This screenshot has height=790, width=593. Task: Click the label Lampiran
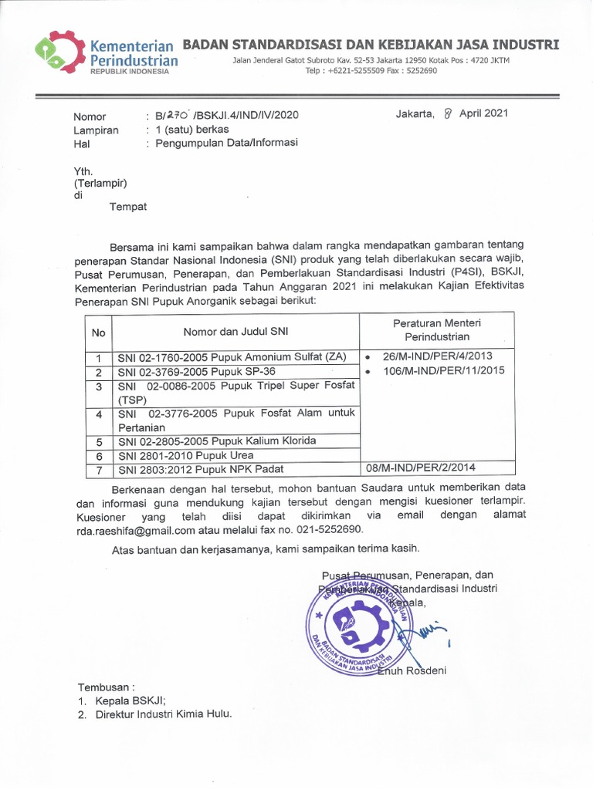96,130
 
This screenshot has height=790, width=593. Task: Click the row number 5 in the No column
98,442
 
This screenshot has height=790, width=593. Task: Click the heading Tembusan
105,687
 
